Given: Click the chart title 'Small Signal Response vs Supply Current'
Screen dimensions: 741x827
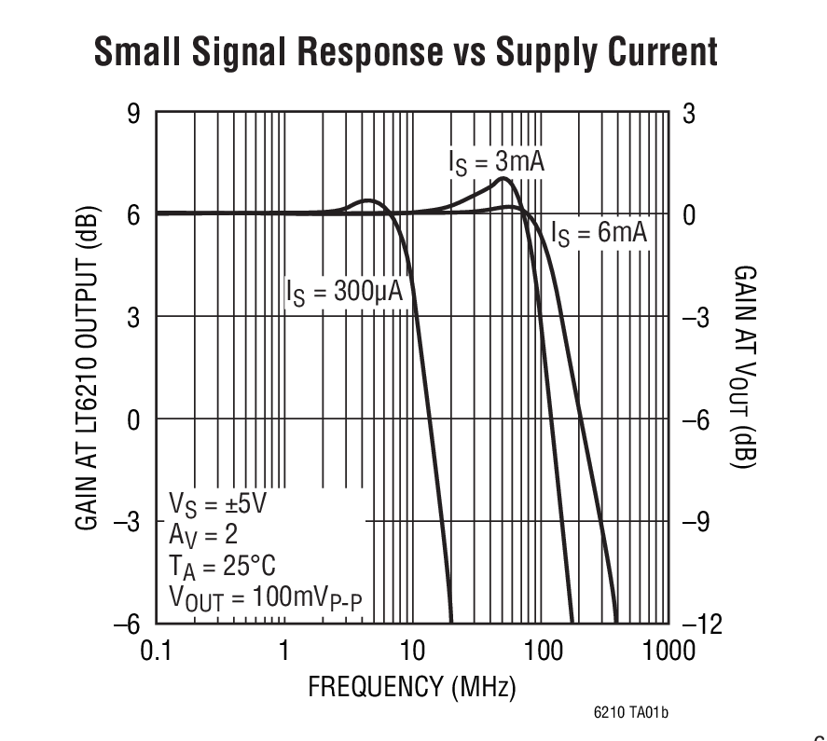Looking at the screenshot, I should (x=406, y=52).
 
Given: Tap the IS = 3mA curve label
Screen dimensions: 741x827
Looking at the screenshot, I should (x=496, y=162).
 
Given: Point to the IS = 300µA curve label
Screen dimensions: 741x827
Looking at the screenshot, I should (x=344, y=292).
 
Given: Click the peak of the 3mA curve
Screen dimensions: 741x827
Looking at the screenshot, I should (x=503, y=178).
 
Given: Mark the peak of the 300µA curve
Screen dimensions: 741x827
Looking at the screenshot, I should (x=368, y=200).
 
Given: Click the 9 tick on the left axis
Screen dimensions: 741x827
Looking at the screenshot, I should (x=132, y=114).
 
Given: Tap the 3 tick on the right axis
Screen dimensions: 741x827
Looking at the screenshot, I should (x=689, y=114).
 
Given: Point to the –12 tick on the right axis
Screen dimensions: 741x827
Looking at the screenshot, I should (x=702, y=624).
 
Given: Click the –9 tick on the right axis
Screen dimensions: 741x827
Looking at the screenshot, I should (x=697, y=522).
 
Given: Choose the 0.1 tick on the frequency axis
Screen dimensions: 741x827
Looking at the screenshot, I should (x=155, y=651).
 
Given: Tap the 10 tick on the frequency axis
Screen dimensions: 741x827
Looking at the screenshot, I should (x=411, y=651).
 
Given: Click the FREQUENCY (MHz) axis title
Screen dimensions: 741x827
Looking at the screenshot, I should (x=411, y=688).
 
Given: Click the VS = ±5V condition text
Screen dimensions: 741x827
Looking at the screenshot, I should (x=216, y=504).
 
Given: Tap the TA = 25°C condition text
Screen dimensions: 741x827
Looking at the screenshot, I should (x=221, y=566).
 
